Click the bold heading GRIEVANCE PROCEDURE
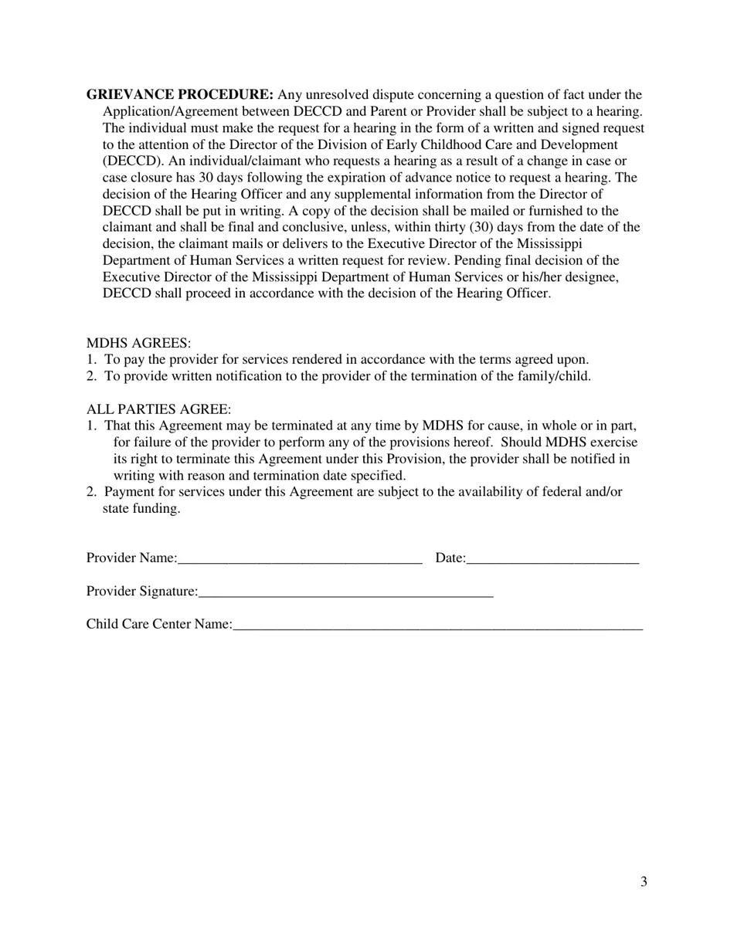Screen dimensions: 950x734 tap(180, 95)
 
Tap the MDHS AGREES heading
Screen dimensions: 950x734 tap(138, 343)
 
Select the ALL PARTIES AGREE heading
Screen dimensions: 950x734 tap(158, 409)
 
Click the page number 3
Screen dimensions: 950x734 tap(644, 882)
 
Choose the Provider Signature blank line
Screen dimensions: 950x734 tap(345, 594)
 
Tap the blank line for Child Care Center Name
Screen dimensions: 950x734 tap(437, 627)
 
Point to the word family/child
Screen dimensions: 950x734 tap(555, 376)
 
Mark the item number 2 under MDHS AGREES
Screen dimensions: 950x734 tap(91, 376)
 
